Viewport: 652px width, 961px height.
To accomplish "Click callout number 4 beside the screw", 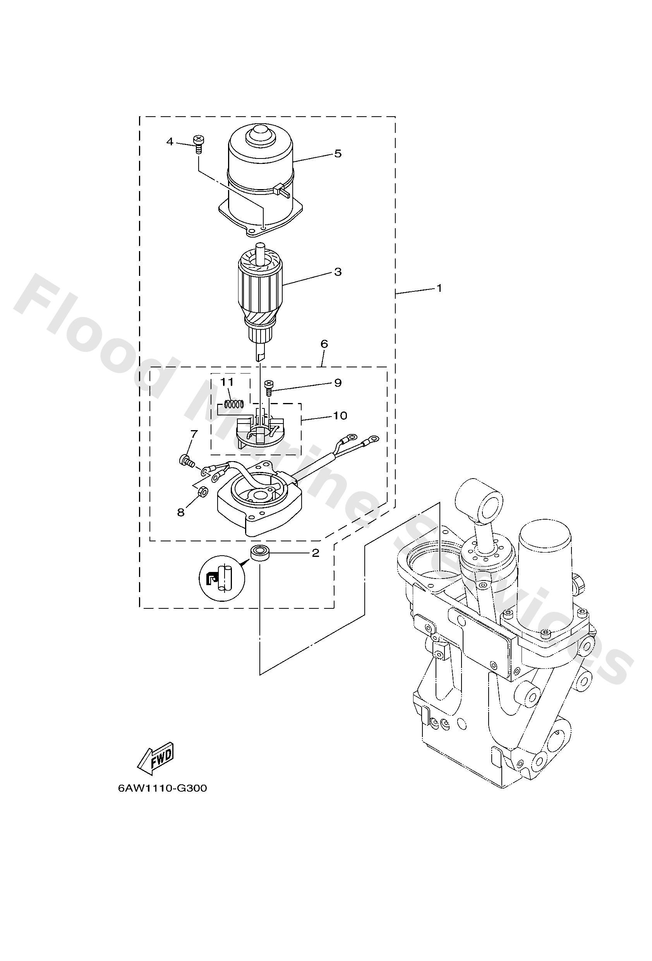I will pyautogui.click(x=170, y=142).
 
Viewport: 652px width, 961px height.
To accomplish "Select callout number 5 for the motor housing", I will pyautogui.click(x=338, y=154).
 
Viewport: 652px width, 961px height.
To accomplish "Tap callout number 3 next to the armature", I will pyautogui.click(x=338, y=272).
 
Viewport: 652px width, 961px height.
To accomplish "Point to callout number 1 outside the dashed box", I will pyautogui.click(x=439, y=288).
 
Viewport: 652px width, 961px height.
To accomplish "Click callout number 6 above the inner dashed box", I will pyautogui.click(x=324, y=344).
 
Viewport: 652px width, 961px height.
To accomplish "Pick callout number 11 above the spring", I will pyautogui.click(x=227, y=382).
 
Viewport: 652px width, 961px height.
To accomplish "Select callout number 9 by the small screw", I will pyautogui.click(x=338, y=383).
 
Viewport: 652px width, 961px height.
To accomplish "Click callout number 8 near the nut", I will pyautogui.click(x=180, y=512).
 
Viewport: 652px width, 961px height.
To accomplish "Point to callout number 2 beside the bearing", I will pyautogui.click(x=315, y=553).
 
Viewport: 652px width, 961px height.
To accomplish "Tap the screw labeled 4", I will pyautogui.click(x=198, y=144).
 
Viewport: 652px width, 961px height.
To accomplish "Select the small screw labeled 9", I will pyautogui.click(x=269, y=388).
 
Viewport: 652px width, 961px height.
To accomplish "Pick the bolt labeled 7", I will pyautogui.click(x=186, y=460).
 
